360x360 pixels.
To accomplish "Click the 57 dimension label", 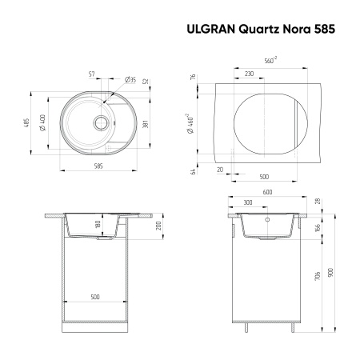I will click(93, 74).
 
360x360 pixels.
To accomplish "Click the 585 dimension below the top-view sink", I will click(98, 166).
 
